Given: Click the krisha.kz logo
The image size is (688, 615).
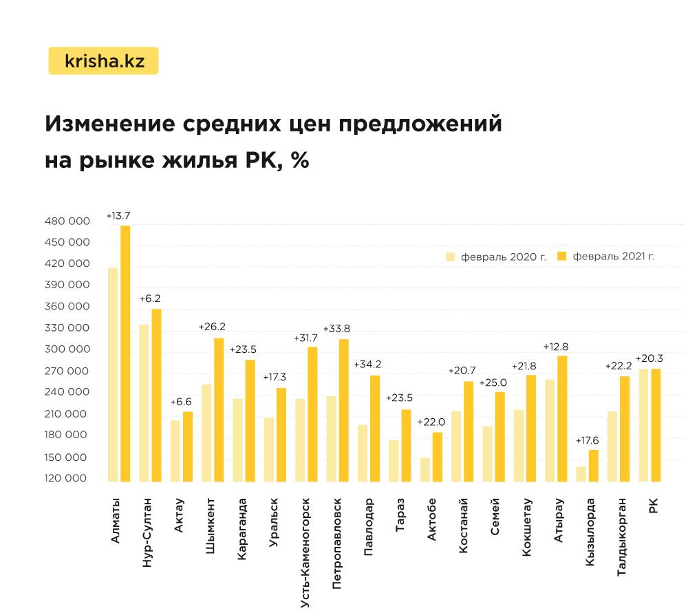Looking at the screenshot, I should coord(104,61).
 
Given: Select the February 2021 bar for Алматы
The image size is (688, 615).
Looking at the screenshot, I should coord(125,354).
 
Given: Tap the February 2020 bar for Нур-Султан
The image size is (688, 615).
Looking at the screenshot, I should coord(144,403).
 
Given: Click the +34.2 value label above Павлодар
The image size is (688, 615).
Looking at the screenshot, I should coord(367,365).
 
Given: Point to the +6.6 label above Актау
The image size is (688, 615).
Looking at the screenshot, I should coord(181,401).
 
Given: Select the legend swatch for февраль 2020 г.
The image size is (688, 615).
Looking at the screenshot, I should coord(451,256).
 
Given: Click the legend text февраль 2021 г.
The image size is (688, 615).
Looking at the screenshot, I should coord(612,257).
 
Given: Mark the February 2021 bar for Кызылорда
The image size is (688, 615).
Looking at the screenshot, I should coord(594,466).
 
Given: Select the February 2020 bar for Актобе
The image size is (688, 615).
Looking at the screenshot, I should coord(425,470).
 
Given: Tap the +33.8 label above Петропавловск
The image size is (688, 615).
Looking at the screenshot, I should coord(336,328).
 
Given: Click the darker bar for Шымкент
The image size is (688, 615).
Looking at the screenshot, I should coord(219,410).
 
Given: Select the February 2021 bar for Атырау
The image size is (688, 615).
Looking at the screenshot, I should coord(562,418).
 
